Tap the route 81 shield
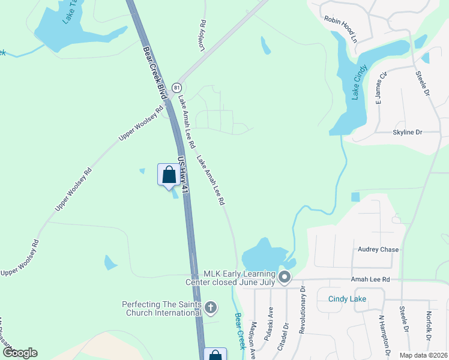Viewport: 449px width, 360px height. (177, 87)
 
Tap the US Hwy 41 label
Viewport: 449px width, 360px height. (184, 175)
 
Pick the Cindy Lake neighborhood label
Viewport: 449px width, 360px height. (347, 299)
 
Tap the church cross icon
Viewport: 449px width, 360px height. (210, 308)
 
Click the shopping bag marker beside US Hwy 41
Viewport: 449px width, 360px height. (169, 175)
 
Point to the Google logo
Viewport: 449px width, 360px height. (20, 353)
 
